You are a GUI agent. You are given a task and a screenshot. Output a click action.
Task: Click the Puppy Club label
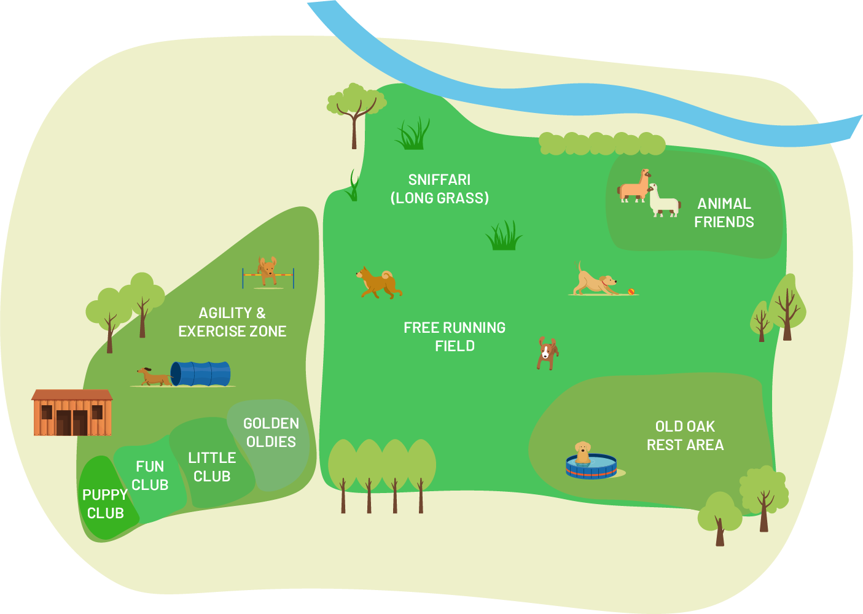(105, 503)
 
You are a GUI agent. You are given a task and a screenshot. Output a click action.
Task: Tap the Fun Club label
(150, 476)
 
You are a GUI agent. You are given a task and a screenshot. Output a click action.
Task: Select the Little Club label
(212, 467)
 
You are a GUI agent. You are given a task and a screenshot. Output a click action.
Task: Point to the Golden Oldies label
(271, 432)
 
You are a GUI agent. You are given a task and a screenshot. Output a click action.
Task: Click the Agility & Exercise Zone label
(232, 322)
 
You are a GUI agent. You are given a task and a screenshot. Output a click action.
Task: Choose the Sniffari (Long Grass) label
(440, 188)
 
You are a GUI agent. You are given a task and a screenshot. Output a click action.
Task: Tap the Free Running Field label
(455, 336)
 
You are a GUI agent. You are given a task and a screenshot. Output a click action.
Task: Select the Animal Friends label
(724, 212)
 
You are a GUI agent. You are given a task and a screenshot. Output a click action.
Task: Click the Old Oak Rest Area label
(685, 435)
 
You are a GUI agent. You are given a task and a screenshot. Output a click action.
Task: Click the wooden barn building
(72, 413)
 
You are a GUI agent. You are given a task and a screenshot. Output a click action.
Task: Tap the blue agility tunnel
(201, 373)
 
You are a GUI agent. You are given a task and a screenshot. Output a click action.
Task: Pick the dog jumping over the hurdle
(267, 270)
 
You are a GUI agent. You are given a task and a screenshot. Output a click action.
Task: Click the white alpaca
(663, 201)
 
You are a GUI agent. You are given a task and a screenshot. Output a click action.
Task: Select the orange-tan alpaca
(634, 185)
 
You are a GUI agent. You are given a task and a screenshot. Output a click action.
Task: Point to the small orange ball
(631, 291)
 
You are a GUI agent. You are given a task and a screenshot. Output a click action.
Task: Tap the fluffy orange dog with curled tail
(378, 282)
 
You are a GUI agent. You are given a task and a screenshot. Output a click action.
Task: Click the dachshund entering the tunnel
(152, 377)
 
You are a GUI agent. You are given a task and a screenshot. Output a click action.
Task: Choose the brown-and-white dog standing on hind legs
(546, 353)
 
